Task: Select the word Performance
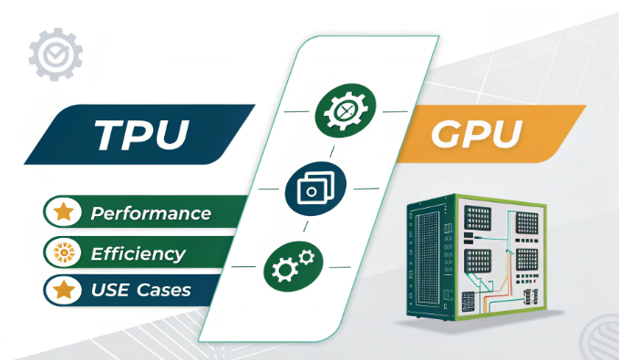pyautogui.click(x=150, y=214)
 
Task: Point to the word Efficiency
pyautogui.click(x=137, y=253)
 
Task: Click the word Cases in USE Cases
pyautogui.click(x=161, y=291)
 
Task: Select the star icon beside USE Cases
pyautogui.click(x=65, y=291)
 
